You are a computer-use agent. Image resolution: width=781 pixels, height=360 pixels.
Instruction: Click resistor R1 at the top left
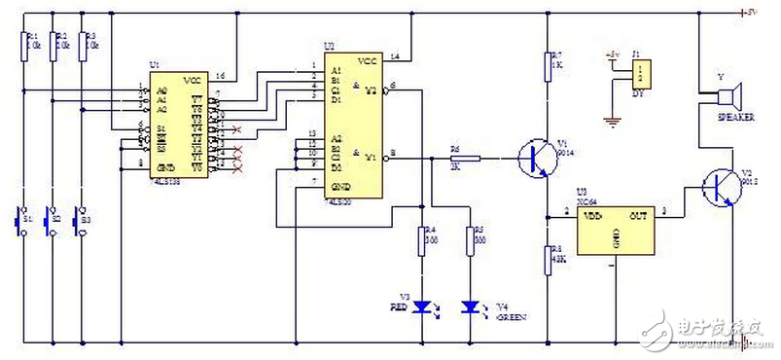pos(21,45)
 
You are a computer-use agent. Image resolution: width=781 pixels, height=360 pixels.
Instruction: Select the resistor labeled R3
pos(83,45)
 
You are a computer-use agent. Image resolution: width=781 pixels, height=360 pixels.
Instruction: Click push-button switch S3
pos(83,220)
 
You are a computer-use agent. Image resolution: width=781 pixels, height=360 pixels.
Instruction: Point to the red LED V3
pos(421,306)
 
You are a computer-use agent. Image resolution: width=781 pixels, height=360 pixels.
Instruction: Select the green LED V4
pos(470,306)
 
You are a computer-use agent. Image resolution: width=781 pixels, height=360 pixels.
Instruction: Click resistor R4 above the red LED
pos(421,237)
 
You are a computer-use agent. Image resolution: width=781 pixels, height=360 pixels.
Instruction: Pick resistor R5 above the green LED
pos(470,237)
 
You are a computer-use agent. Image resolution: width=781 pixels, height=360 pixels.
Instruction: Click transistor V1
pos(535,156)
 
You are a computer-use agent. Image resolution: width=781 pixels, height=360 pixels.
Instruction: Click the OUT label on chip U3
pos(637,215)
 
